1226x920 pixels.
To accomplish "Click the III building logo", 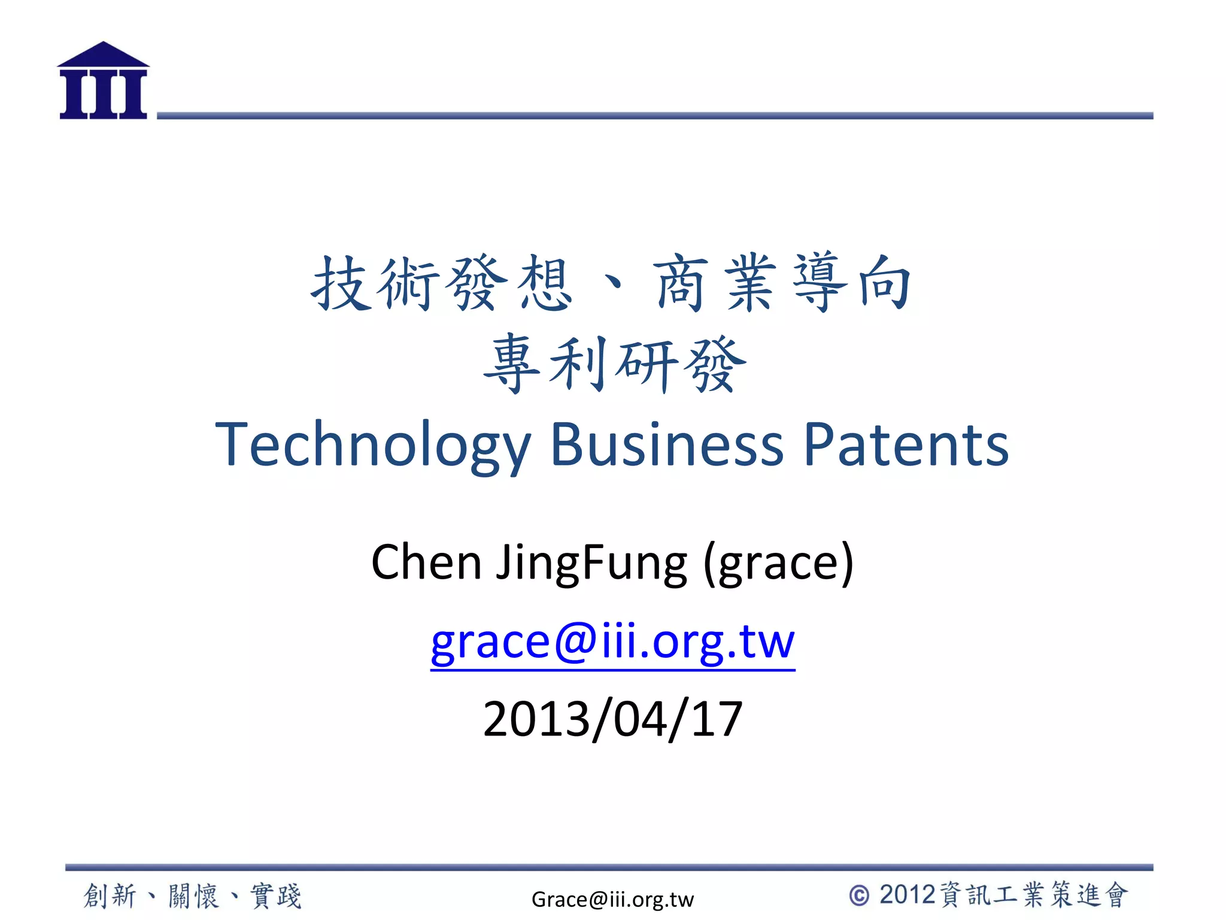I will point(103,81).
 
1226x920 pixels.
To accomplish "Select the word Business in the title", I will point(666,444).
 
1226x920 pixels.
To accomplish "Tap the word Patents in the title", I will point(906,444).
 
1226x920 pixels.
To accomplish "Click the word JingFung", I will point(591,563).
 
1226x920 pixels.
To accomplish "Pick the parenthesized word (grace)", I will point(778,563).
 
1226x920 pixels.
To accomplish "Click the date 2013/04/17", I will point(612,719).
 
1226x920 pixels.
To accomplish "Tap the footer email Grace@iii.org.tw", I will point(612,899).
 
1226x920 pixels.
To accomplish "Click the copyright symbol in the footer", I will point(859,895).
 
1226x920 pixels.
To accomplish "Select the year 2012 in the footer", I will point(907,895).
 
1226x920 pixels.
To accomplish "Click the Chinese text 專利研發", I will point(615,364).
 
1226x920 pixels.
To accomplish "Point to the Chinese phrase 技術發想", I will point(442,283).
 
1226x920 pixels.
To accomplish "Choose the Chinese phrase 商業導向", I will point(783,283).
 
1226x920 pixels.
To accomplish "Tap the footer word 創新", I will point(110,896).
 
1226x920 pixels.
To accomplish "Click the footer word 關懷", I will point(193,896).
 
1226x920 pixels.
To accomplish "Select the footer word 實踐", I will point(276,896).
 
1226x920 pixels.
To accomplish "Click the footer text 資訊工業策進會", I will point(1034,895).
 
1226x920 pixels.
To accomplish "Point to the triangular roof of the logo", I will point(103,55).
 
